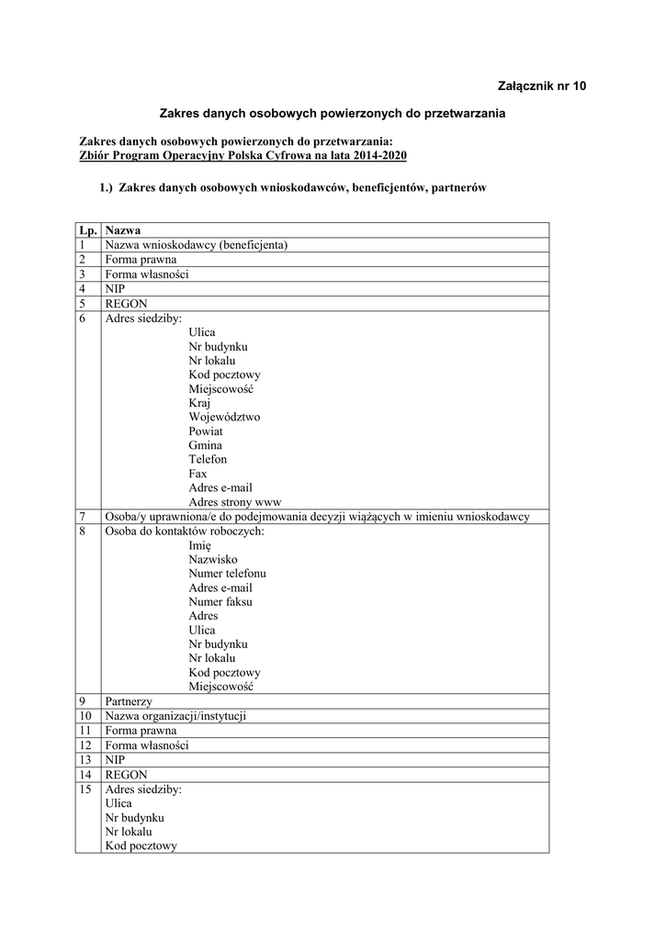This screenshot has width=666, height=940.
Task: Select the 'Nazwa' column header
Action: point(122,230)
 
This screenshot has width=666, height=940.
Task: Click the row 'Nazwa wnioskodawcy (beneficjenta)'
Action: point(197,245)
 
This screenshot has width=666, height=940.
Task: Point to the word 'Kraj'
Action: point(199,403)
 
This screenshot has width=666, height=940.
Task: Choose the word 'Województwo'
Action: point(224,417)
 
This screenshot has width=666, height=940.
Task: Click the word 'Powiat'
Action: point(206,431)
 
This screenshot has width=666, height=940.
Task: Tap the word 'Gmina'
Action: point(205,445)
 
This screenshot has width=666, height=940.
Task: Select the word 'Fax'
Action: point(198,474)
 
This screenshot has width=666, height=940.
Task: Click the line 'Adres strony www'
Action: point(234,502)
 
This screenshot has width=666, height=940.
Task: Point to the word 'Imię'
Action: point(199,545)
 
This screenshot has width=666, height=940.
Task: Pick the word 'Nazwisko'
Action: point(213,559)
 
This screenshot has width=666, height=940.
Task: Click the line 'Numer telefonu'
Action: point(228,574)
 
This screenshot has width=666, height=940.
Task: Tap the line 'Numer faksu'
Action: point(220,602)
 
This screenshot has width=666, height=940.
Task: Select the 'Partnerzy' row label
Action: point(129,701)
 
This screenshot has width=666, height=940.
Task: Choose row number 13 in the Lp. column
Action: point(87,760)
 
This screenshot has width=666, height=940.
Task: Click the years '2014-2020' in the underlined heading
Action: point(377,156)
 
